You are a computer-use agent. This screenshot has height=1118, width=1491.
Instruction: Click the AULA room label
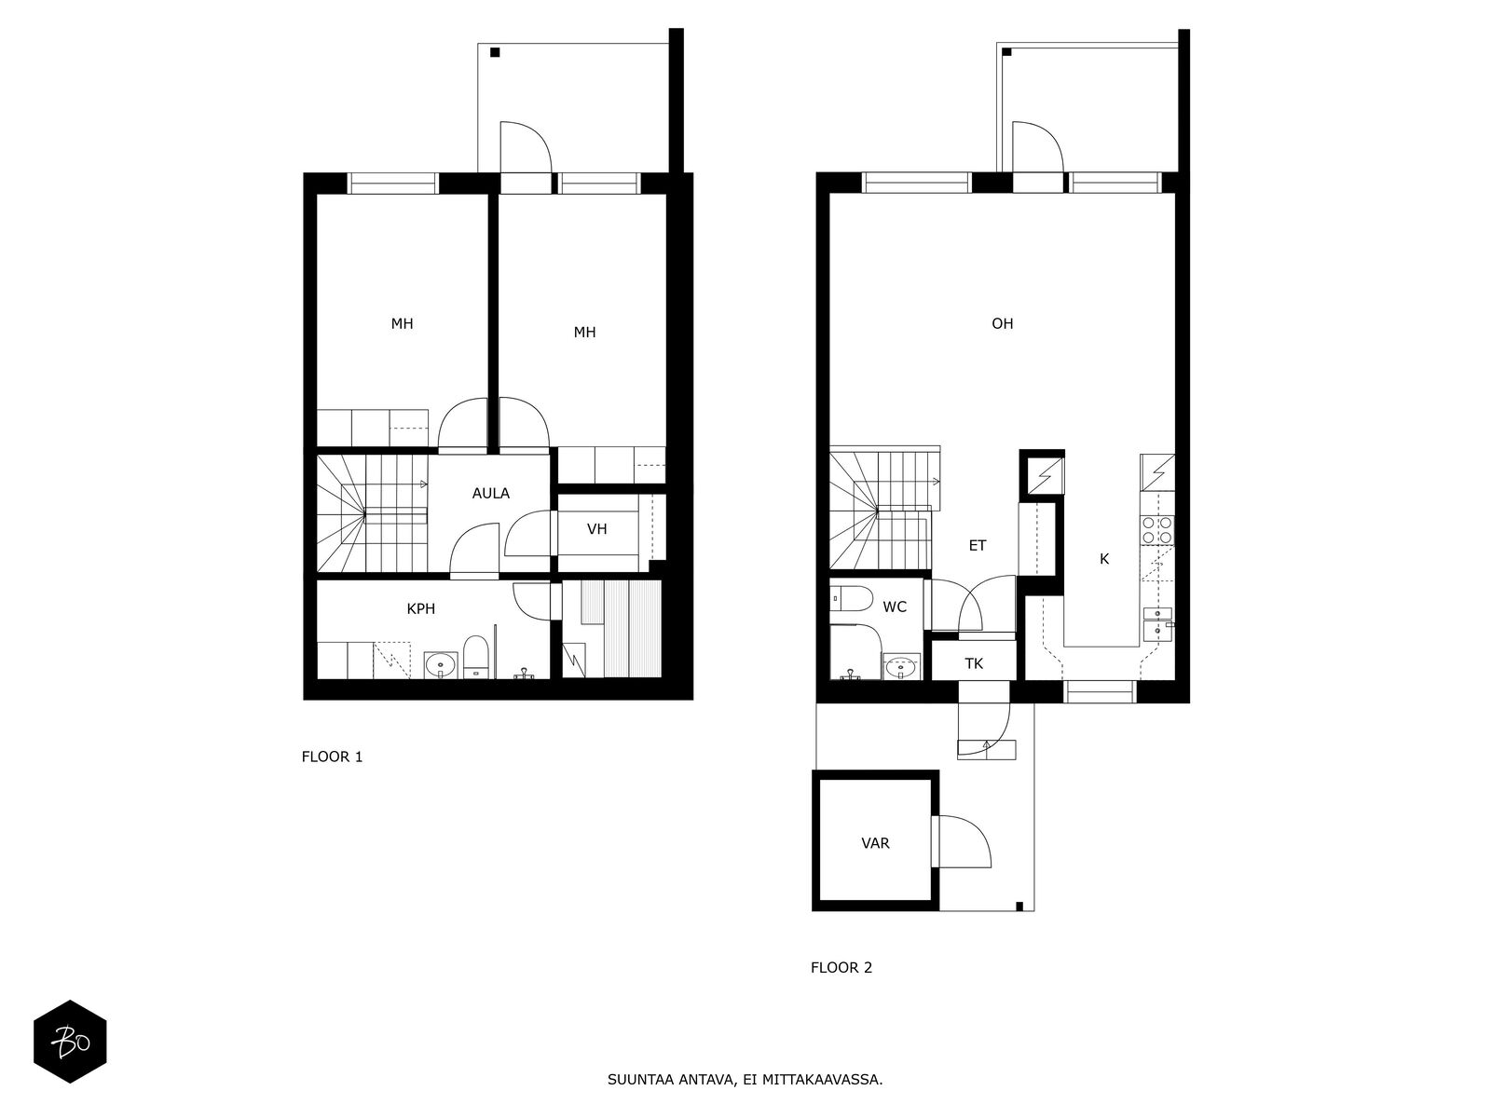click(x=490, y=494)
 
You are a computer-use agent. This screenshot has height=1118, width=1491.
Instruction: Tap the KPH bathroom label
click(x=420, y=609)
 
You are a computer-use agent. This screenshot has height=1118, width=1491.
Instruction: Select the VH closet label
click(x=597, y=529)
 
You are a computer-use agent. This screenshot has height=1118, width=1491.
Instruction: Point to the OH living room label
click(x=1002, y=324)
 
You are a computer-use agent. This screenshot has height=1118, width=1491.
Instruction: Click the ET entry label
click(x=977, y=545)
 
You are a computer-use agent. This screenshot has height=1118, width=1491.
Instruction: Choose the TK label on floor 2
click(x=974, y=663)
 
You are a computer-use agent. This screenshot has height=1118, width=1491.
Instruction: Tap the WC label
click(x=895, y=607)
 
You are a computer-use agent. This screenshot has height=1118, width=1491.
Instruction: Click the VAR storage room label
click(x=875, y=843)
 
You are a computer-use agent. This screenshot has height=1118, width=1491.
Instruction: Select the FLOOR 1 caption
click(x=332, y=757)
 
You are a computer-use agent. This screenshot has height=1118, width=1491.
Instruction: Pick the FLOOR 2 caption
click(x=841, y=967)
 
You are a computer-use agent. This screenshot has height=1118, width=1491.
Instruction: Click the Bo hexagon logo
click(x=70, y=1042)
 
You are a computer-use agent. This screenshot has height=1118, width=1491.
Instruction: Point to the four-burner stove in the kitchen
click(x=1156, y=530)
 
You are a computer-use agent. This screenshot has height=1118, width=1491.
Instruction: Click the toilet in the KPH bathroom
click(x=475, y=657)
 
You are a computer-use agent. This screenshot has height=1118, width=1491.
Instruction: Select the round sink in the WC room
click(x=901, y=666)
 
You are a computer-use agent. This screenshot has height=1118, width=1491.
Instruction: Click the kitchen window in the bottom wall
click(x=1100, y=691)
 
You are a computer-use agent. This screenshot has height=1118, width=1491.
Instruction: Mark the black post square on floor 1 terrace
click(x=495, y=52)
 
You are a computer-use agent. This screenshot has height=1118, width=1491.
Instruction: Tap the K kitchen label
click(x=1104, y=559)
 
